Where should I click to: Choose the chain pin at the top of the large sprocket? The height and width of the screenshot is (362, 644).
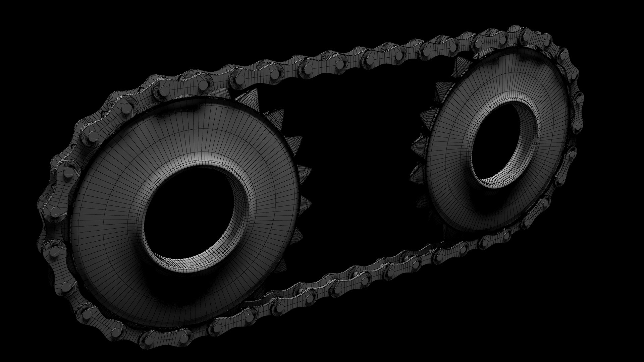[x=201, y=85]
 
